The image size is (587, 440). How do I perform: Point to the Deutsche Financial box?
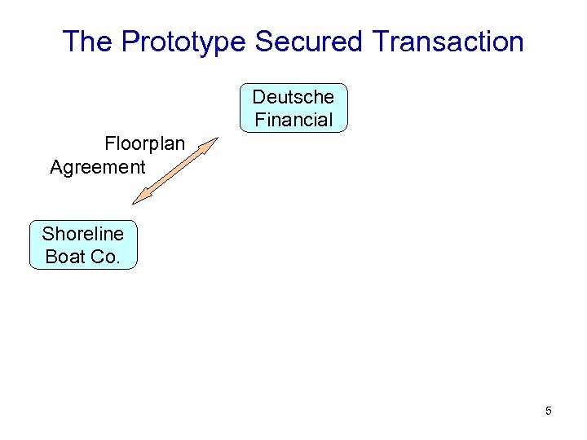(x=293, y=108)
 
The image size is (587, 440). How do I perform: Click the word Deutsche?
(x=293, y=97)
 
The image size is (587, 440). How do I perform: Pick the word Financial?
(x=293, y=120)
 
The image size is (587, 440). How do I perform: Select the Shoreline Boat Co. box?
(x=83, y=245)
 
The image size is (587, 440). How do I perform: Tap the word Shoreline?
(x=83, y=234)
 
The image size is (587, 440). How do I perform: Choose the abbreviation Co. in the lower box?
(x=107, y=257)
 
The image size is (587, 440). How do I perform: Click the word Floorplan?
(x=144, y=144)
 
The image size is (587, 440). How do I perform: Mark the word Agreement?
(x=97, y=167)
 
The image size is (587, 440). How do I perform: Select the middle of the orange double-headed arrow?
(x=175, y=170)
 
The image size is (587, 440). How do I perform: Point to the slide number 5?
(x=549, y=411)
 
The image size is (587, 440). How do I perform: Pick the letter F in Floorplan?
(x=109, y=144)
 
